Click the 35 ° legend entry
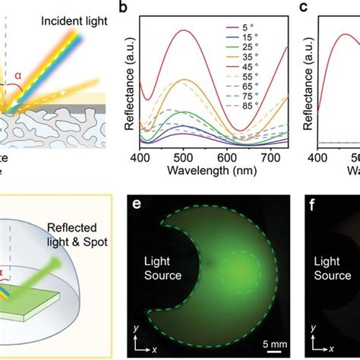(258, 65)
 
